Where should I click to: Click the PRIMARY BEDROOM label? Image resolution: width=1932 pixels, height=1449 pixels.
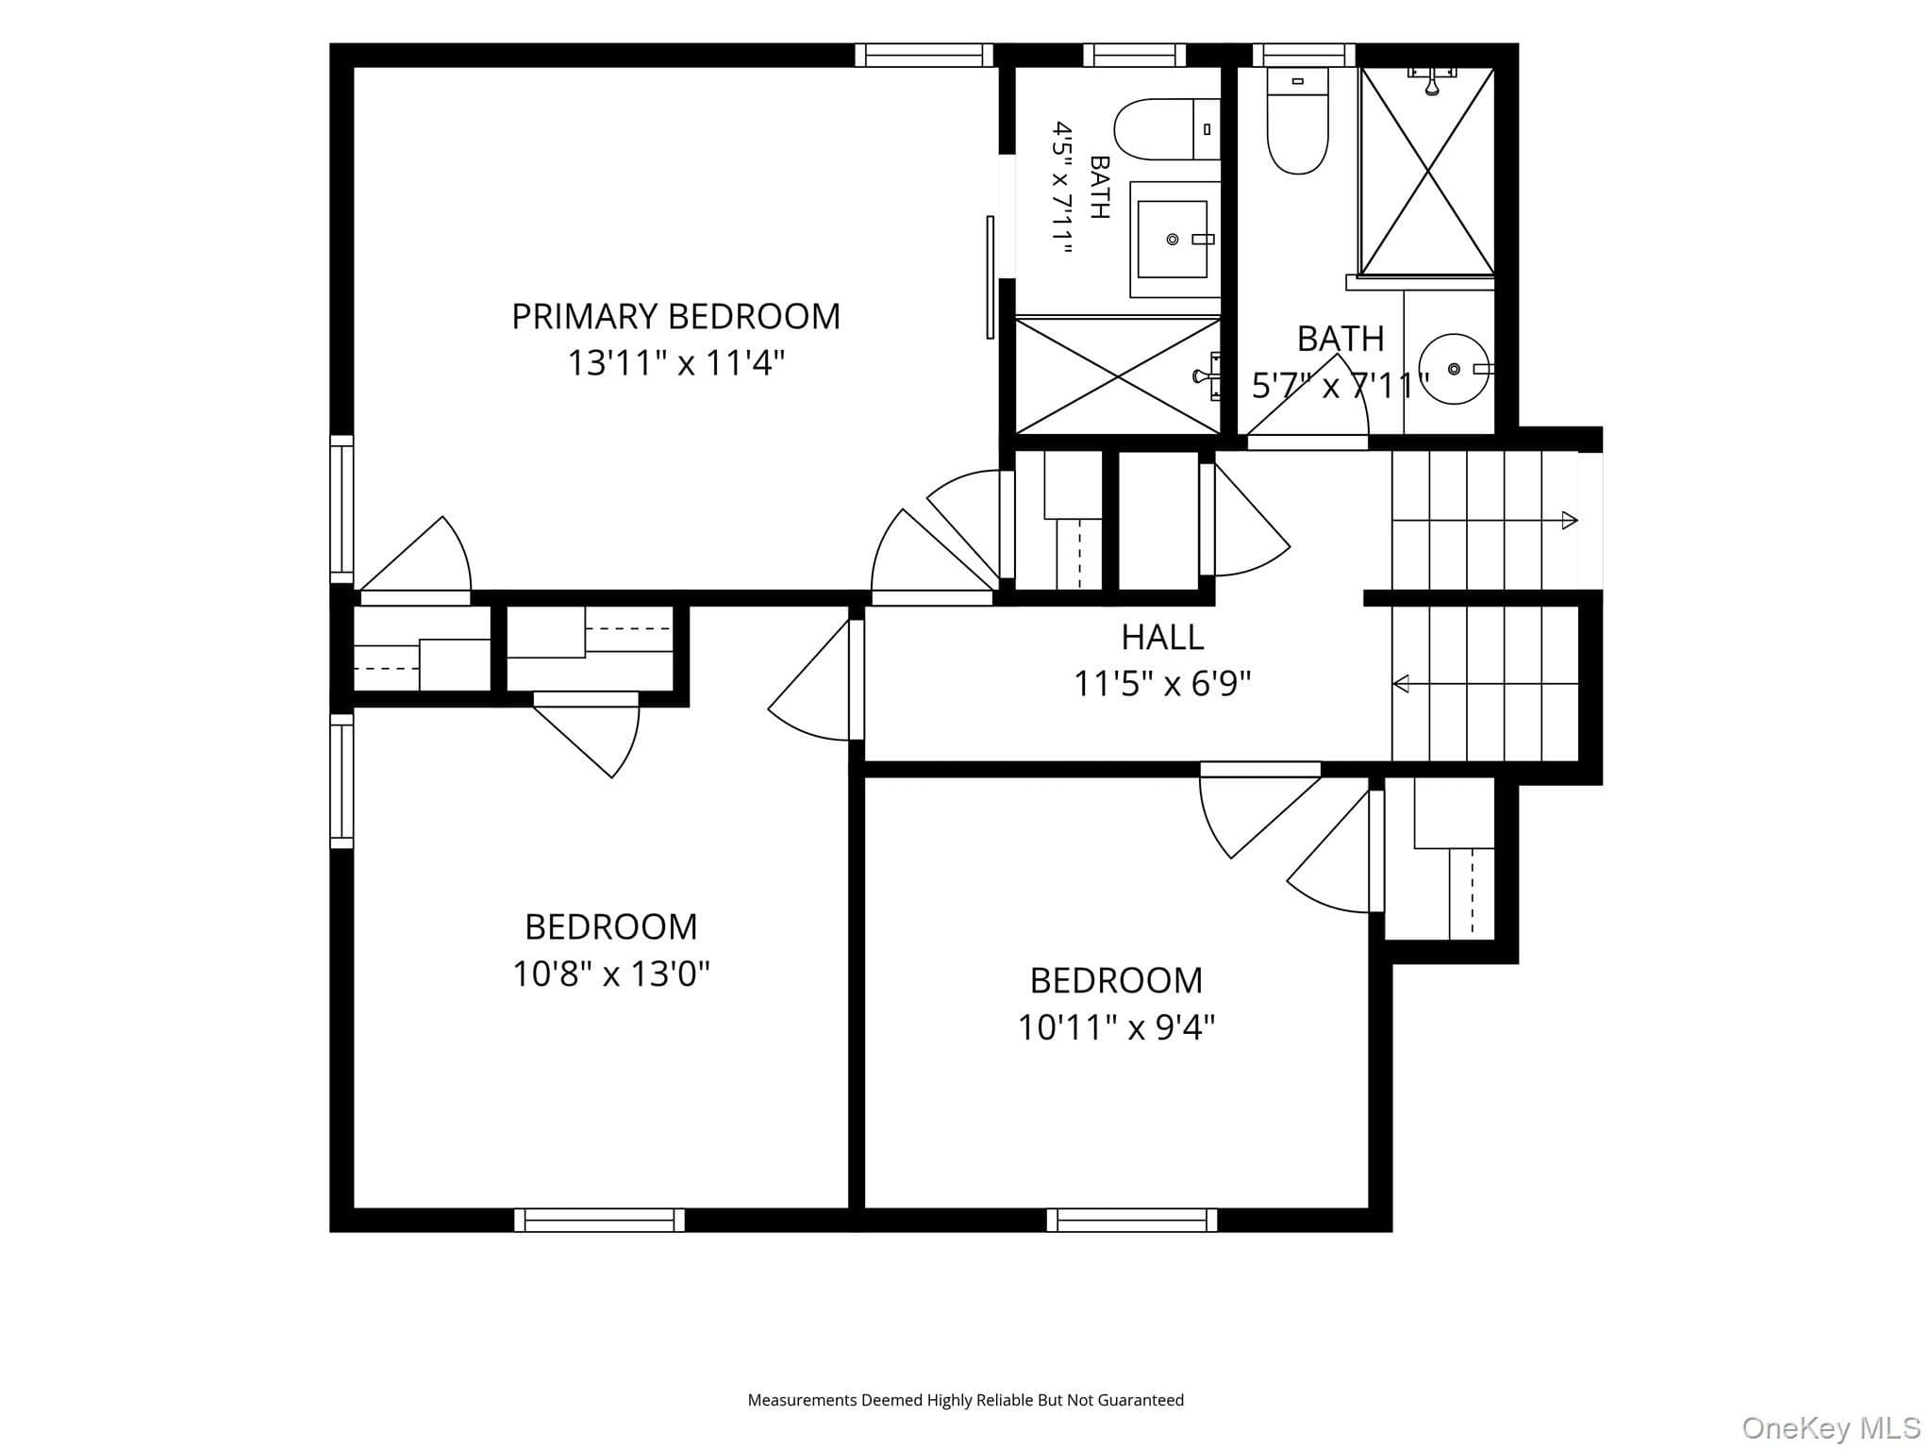click(x=675, y=316)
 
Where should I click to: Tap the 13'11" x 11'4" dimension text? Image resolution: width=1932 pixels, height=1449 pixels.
click(x=675, y=362)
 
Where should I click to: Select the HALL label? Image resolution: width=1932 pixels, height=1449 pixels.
click(x=1162, y=638)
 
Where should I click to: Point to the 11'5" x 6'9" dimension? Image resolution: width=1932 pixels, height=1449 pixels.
click(x=1162, y=683)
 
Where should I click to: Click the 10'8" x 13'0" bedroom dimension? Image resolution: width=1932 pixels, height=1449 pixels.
click(x=611, y=973)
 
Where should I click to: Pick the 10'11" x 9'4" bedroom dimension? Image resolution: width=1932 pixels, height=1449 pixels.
click(x=1116, y=1026)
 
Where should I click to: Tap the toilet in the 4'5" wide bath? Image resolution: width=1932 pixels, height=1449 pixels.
click(x=1167, y=129)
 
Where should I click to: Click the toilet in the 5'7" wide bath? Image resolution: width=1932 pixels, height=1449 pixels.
click(x=1297, y=121)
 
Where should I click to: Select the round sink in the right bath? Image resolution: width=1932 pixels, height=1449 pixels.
click(x=1454, y=368)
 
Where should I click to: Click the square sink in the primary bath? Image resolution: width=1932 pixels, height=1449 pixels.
click(x=1173, y=240)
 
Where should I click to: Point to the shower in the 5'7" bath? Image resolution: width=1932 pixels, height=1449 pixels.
click(x=1428, y=172)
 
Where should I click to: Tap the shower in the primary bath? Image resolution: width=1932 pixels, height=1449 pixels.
click(x=1118, y=376)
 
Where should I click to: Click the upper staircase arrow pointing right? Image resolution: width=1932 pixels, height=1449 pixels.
click(x=1485, y=520)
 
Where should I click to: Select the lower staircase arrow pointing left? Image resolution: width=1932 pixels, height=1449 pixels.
click(x=1486, y=683)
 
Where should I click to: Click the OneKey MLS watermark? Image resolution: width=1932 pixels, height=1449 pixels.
click(x=1831, y=1427)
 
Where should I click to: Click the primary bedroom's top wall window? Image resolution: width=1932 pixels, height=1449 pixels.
click(x=924, y=55)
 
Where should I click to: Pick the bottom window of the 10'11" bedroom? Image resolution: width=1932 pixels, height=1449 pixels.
click(x=1132, y=1220)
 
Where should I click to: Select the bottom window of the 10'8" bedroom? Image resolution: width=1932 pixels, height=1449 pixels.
click(x=600, y=1220)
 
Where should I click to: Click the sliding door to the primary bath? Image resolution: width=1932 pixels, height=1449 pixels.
click(x=991, y=276)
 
